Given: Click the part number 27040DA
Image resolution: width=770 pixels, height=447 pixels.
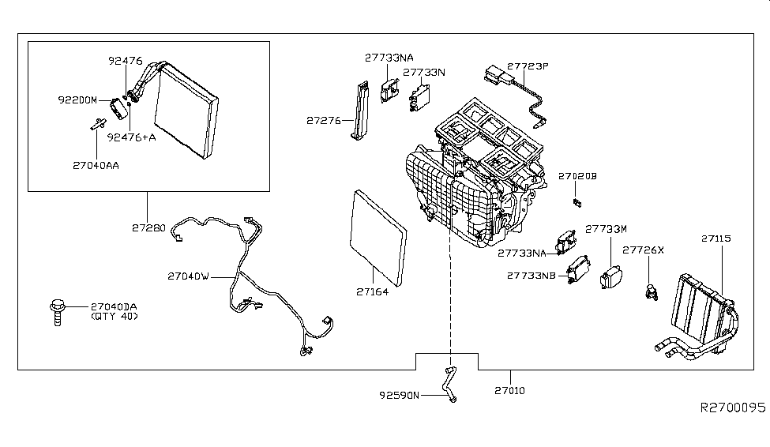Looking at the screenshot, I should [115, 306].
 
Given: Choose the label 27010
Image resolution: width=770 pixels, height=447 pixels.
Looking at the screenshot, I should [510, 390].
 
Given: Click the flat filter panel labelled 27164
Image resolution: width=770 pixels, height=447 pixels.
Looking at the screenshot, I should [377, 236].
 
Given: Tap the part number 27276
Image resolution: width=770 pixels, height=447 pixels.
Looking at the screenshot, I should [324, 121].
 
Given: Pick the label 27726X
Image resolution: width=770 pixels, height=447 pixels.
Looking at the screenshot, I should [644, 250].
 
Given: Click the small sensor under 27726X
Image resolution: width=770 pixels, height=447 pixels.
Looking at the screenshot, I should [651, 290].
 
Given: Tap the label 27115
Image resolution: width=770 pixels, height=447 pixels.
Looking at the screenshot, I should [716, 238].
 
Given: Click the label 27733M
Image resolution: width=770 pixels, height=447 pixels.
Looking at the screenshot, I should [606, 228].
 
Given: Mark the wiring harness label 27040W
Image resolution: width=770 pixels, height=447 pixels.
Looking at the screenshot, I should [188, 276].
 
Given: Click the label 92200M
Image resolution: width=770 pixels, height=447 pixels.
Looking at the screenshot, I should [77, 100].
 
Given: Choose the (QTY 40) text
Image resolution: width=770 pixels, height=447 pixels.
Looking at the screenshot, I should [115, 317].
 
